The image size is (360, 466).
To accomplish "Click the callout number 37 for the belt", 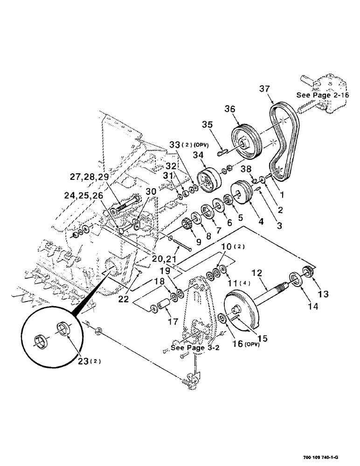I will [263, 89].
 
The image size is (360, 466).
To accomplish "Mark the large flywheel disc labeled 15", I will [241, 313].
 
